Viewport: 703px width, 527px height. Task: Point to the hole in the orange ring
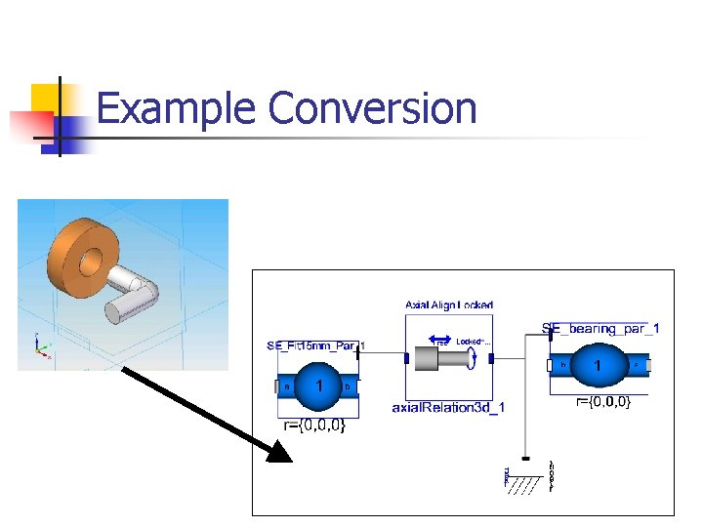point(86,260)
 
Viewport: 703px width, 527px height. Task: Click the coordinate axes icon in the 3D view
point(40,348)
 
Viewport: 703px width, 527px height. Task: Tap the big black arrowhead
point(281,451)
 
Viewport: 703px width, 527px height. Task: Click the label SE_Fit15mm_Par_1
point(315,345)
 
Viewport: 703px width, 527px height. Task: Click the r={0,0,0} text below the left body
point(314,426)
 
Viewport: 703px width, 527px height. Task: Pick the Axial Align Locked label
point(449,305)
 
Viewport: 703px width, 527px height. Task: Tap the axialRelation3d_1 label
point(448,406)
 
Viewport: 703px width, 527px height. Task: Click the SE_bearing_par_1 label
point(600,328)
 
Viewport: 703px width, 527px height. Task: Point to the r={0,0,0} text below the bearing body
point(602,401)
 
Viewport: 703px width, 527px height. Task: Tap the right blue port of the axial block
point(492,359)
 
